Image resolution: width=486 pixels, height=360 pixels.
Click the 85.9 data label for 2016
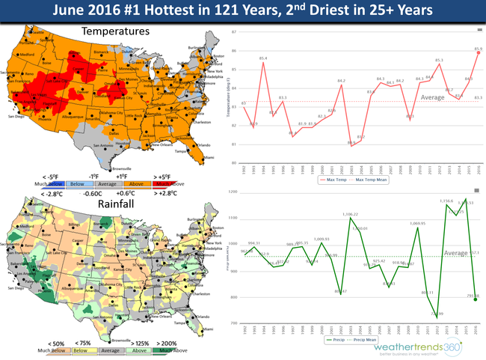point(478,51)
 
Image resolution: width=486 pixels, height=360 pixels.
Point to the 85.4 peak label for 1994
point(263,58)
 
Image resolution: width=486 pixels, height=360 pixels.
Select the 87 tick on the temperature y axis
point(235,31)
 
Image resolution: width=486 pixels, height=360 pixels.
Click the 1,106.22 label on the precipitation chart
point(351,215)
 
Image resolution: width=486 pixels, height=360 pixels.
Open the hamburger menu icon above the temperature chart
point(479,30)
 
